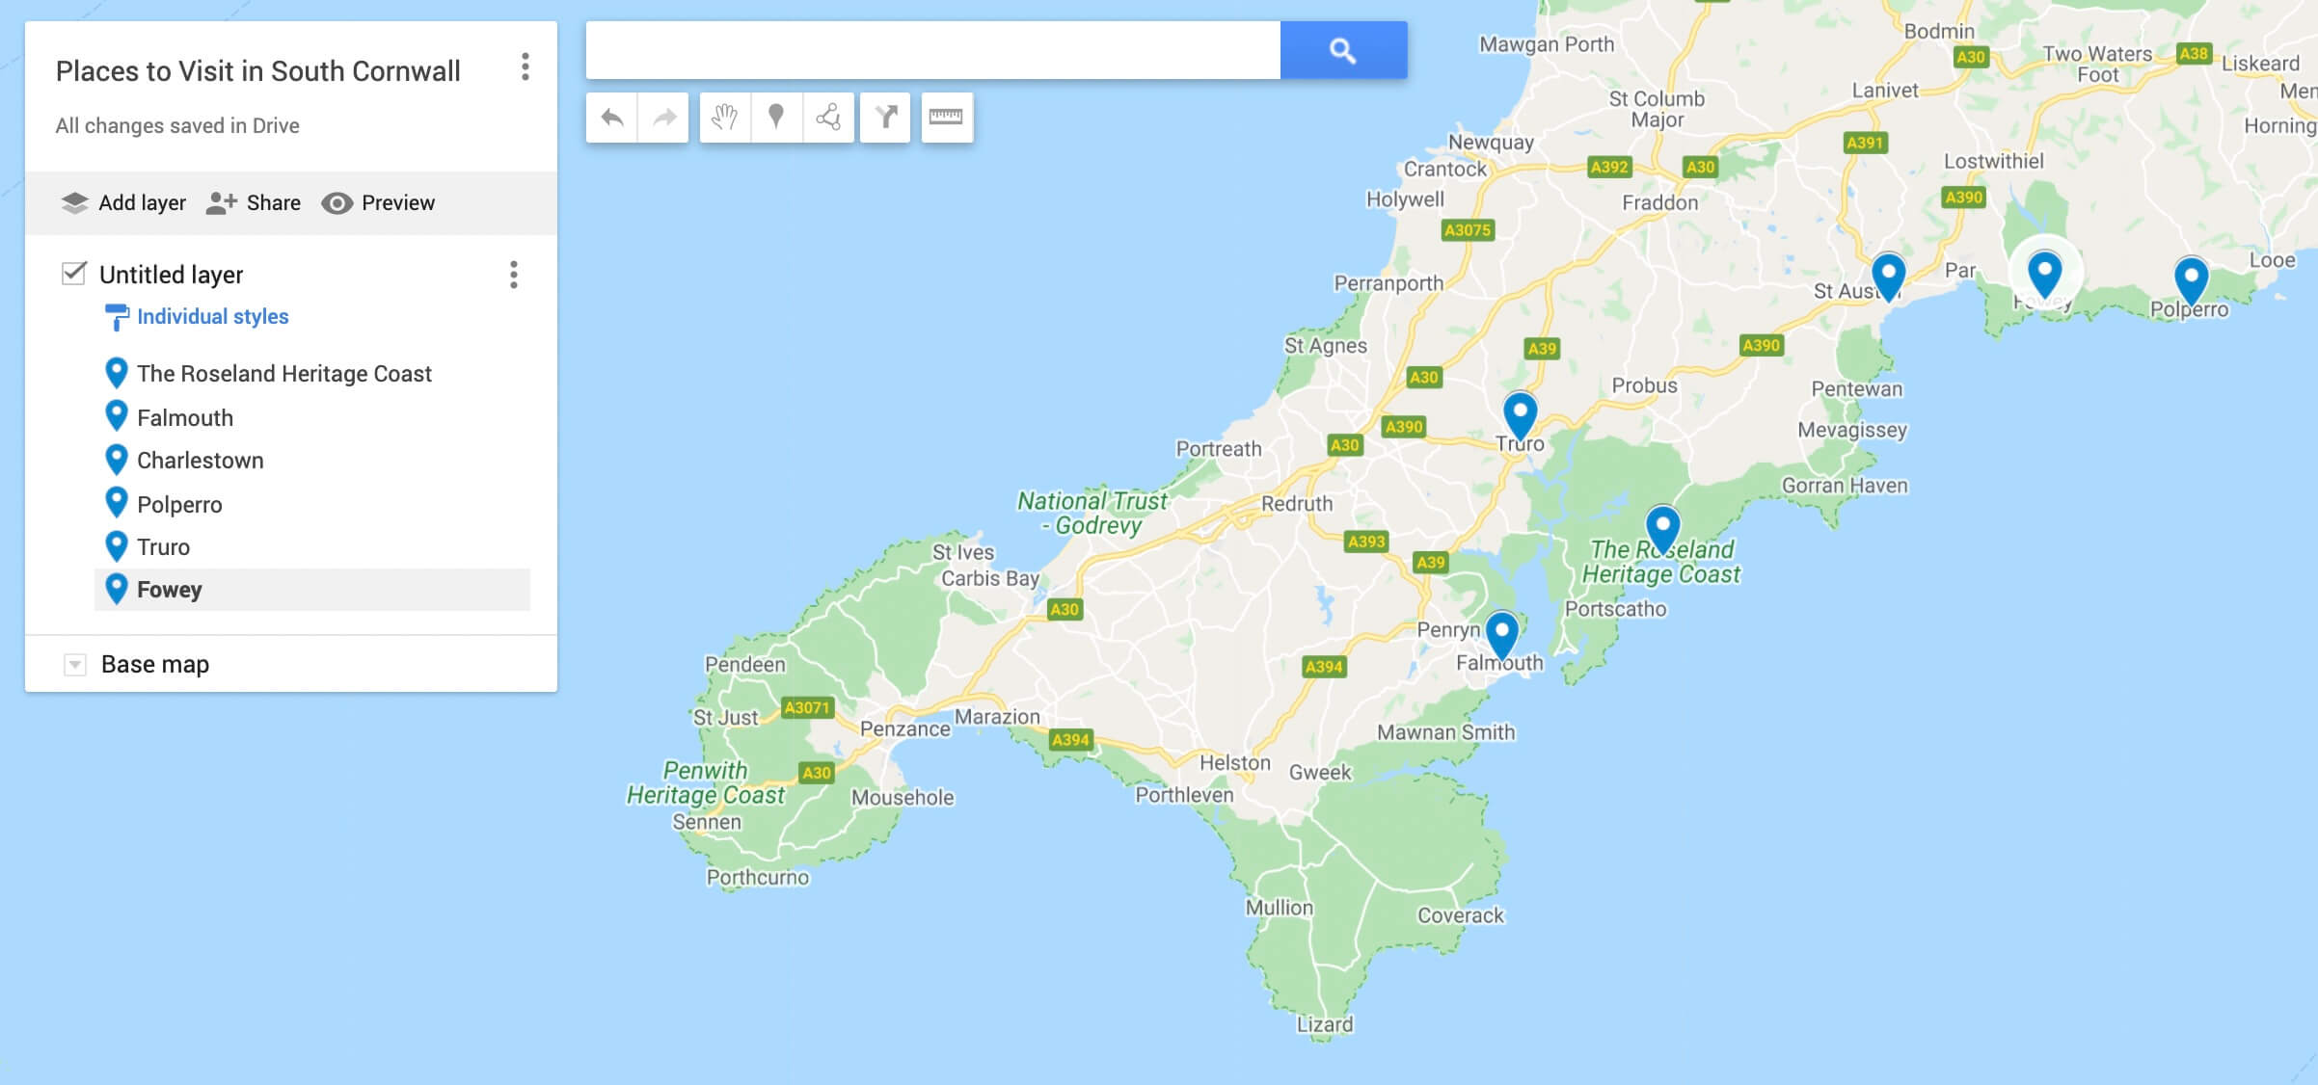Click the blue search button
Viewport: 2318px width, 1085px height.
tap(1343, 50)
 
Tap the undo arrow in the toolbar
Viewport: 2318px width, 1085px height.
tap(611, 118)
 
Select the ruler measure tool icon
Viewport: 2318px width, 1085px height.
tap(946, 118)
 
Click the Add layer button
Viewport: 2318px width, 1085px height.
tap(123, 202)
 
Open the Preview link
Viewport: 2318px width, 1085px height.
tap(378, 202)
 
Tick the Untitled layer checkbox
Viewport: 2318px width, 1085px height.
tap(74, 274)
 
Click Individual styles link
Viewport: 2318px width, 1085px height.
tap(212, 316)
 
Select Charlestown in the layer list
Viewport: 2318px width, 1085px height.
tap(200, 461)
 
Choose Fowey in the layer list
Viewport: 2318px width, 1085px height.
tap(170, 590)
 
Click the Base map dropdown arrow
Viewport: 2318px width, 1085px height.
tap(75, 665)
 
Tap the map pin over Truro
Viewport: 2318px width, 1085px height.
tap(1520, 414)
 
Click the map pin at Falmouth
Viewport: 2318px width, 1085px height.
tap(1501, 633)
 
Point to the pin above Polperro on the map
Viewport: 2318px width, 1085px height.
tap(2191, 279)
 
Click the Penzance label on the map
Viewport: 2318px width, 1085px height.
tap(904, 728)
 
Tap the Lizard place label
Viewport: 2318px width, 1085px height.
tap(1324, 1024)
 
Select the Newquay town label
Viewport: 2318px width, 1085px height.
tap(1491, 143)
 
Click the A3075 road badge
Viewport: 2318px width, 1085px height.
tap(1467, 229)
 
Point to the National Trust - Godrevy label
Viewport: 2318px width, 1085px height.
tap(1092, 513)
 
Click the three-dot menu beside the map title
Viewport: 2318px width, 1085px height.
tap(525, 66)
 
